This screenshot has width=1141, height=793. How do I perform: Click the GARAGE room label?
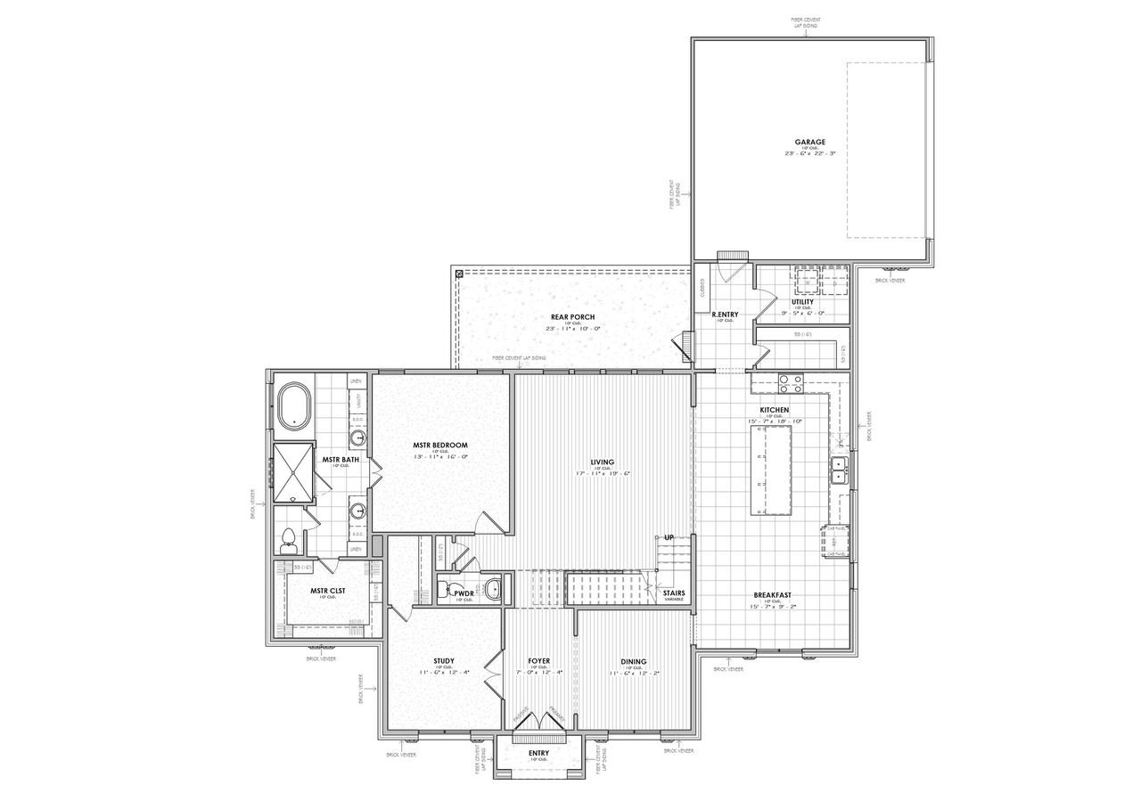(x=810, y=142)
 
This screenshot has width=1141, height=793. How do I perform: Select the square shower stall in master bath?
(x=293, y=471)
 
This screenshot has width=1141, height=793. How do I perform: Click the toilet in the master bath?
(x=288, y=539)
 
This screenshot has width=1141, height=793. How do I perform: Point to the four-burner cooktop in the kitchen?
(x=791, y=383)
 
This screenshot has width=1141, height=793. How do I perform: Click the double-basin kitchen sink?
(x=839, y=470)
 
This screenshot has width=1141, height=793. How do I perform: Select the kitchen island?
(x=772, y=470)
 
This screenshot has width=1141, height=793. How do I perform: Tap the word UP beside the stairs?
(x=668, y=538)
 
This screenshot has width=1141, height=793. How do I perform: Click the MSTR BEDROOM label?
(x=439, y=445)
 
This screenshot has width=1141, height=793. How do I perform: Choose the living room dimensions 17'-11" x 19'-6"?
(x=603, y=474)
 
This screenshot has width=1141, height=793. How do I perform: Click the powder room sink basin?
(x=493, y=587)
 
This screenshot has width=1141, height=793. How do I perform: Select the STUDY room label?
(x=444, y=661)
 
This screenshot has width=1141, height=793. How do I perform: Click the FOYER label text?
(x=538, y=661)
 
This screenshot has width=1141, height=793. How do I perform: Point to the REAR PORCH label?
(x=572, y=317)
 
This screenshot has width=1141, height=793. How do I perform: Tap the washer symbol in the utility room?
(x=808, y=279)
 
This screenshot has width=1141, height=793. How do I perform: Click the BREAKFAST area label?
(x=772, y=595)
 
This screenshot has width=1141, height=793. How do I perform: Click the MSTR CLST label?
(x=327, y=590)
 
